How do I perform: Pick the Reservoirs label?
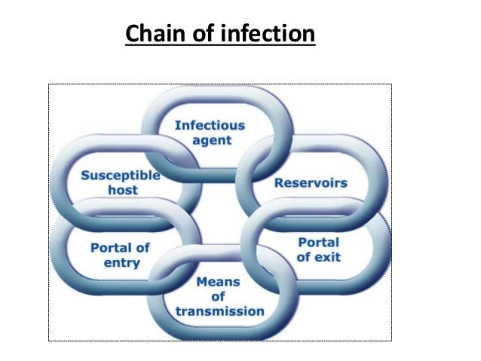tap(311, 182)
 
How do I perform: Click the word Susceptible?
tap(121, 175)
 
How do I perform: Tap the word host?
tap(121, 190)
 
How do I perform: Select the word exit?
tap(327, 257)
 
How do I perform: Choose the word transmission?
tap(219, 311)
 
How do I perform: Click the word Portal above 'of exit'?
tap(319, 242)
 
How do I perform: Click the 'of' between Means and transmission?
tap(219, 296)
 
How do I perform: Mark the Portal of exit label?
tap(319, 249)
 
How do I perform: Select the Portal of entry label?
tap(120, 255)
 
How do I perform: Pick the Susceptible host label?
tap(121, 182)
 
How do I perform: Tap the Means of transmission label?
tap(219, 296)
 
